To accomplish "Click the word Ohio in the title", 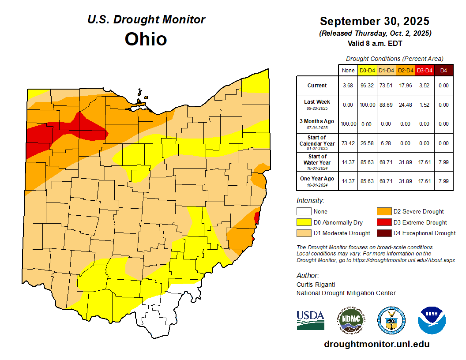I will click(x=146, y=39).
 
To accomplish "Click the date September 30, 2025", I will click(x=374, y=21).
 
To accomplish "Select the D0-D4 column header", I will click(x=367, y=70).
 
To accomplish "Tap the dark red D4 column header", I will click(x=443, y=70).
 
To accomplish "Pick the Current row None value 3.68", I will click(x=348, y=86).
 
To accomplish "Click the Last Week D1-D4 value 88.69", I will click(x=386, y=105).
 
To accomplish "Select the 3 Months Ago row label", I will click(x=317, y=121).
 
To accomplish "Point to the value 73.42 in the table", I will click(x=348, y=143).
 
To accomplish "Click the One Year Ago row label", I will click(x=317, y=179).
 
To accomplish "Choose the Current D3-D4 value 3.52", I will click(x=424, y=86).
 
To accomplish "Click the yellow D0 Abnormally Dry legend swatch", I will click(x=304, y=222).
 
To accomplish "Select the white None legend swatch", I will click(x=304, y=212).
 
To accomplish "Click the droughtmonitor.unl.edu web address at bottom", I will click(x=376, y=344).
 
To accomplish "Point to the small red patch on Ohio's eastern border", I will click(x=257, y=217).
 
